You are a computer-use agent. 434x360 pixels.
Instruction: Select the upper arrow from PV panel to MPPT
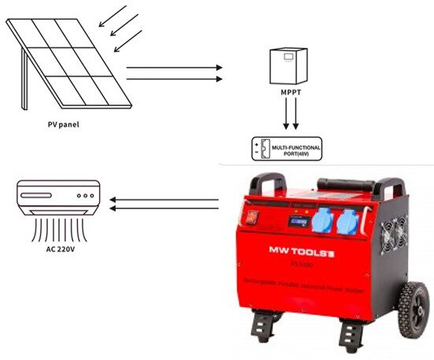point(174,68)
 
